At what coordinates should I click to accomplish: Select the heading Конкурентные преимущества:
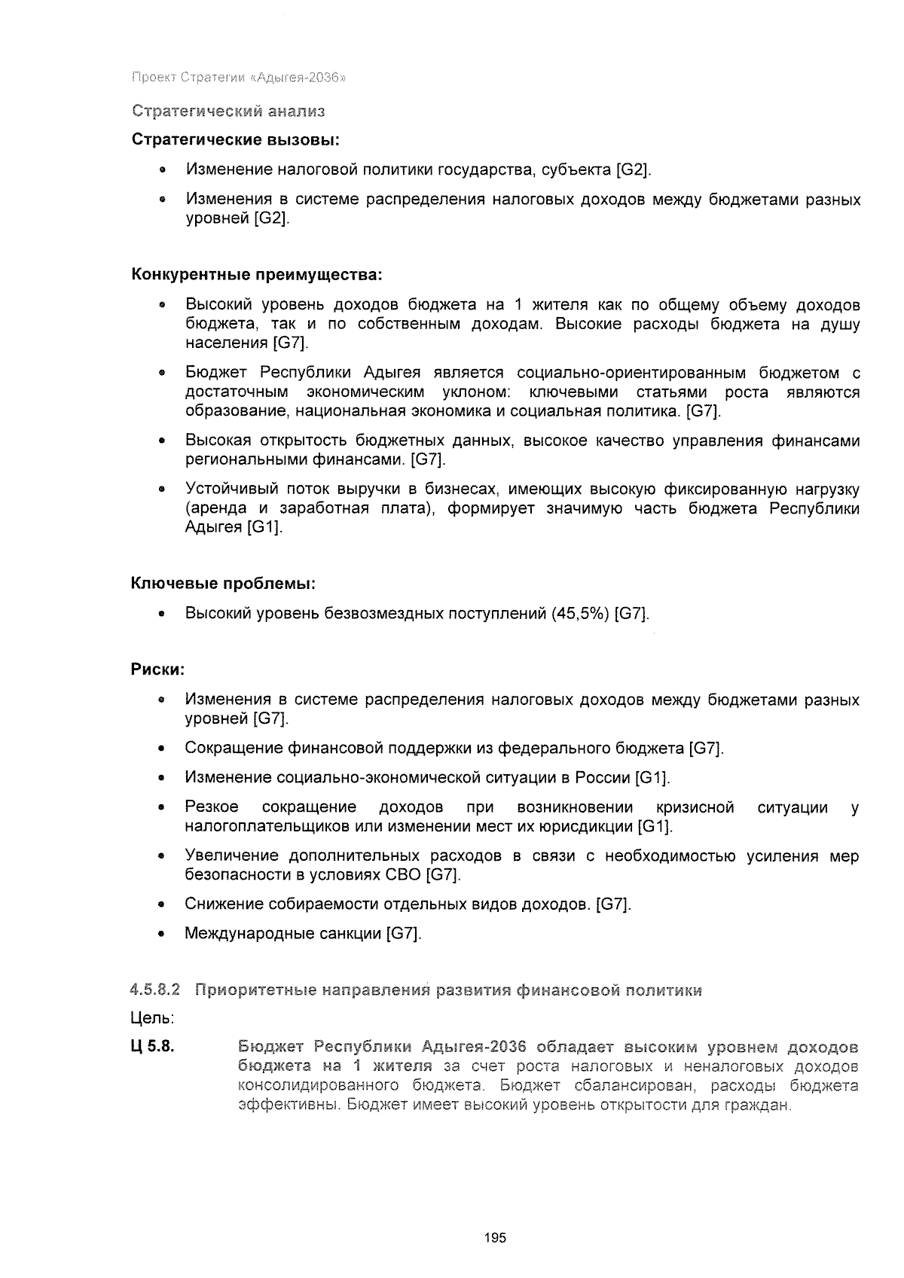pos(258,275)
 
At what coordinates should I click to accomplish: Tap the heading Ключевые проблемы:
pos(223,584)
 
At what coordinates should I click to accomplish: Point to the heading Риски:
pos(158,670)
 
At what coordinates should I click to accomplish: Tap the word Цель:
pos(153,1019)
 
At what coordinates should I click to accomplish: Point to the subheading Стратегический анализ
pos(228,111)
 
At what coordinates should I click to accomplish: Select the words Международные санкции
pos(283,934)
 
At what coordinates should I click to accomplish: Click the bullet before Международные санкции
pos(162,935)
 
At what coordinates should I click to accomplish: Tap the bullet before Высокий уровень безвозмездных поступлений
pos(162,615)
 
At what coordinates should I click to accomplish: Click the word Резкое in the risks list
pos(212,808)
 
